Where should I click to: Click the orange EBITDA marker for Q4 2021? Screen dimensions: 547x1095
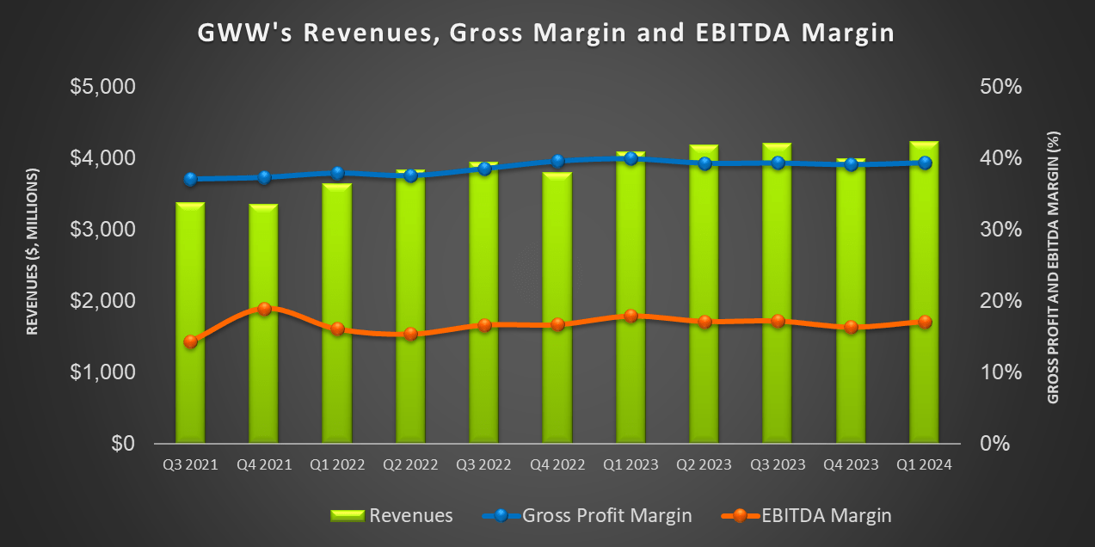[264, 309]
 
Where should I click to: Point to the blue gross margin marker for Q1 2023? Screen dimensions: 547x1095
[631, 158]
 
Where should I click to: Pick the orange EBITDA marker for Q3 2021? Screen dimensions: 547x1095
[190, 341]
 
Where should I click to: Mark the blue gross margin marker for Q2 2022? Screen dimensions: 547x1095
[410, 175]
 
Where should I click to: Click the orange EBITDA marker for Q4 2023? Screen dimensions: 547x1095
[851, 327]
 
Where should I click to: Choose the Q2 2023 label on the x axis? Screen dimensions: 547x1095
[704, 464]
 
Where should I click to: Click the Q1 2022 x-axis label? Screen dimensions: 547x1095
[337, 464]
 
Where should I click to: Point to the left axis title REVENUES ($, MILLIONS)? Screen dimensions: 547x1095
[33, 251]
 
